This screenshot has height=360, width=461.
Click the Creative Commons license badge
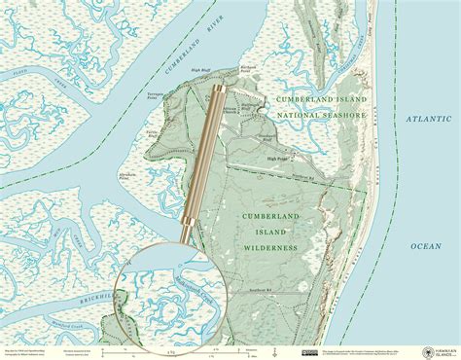click(x=307, y=350)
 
